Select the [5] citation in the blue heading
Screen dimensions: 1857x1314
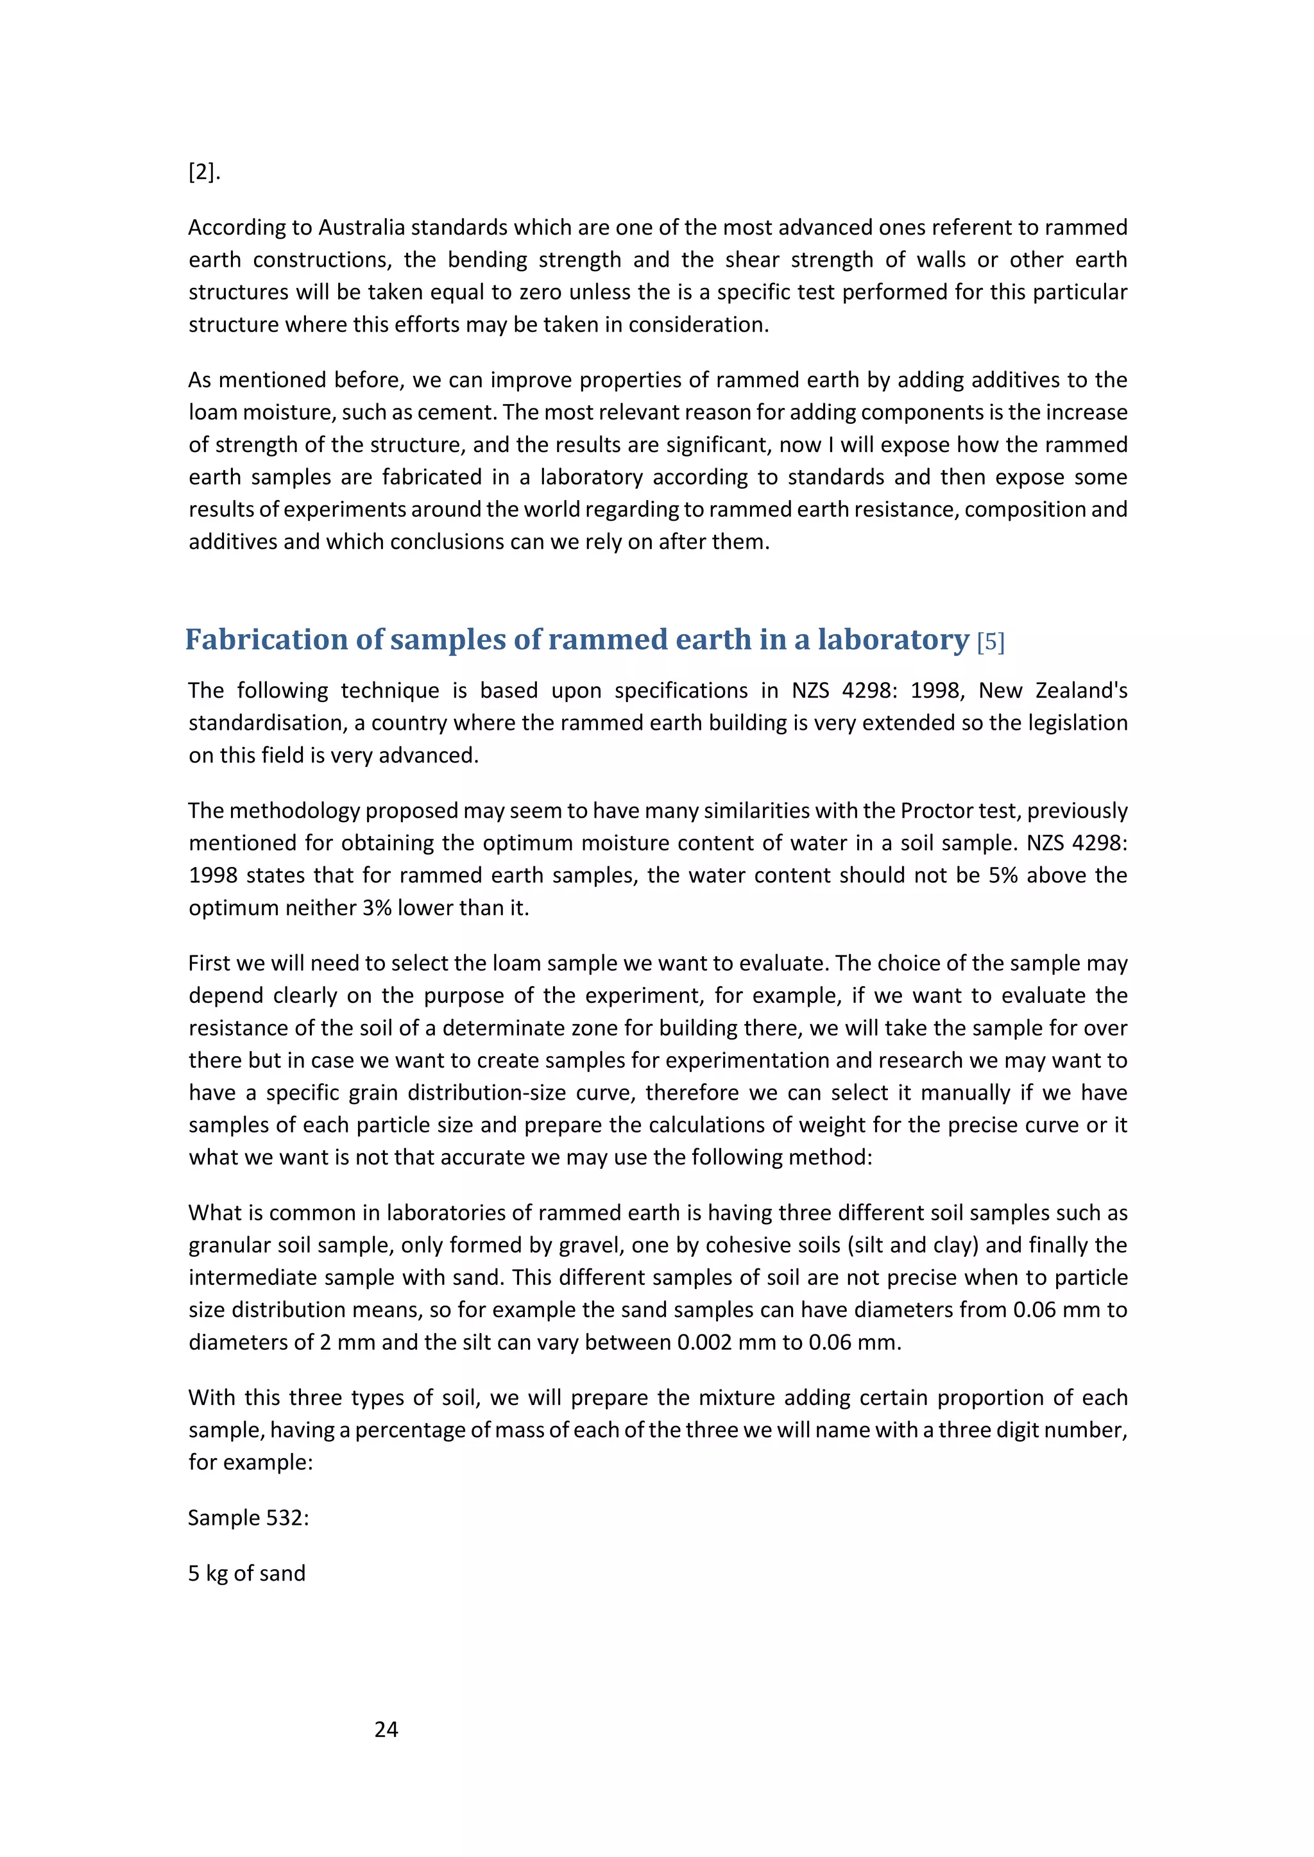(x=991, y=642)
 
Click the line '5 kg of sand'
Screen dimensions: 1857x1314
(x=247, y=1573)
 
